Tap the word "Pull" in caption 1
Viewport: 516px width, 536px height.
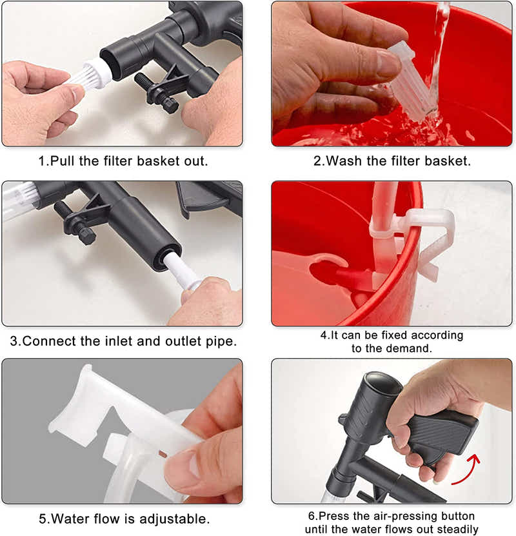click(62, 161)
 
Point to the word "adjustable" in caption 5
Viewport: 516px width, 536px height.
click(173, 519)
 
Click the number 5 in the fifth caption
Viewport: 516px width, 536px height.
click(43, 519)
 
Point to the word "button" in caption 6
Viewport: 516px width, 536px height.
click(457, 515)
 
